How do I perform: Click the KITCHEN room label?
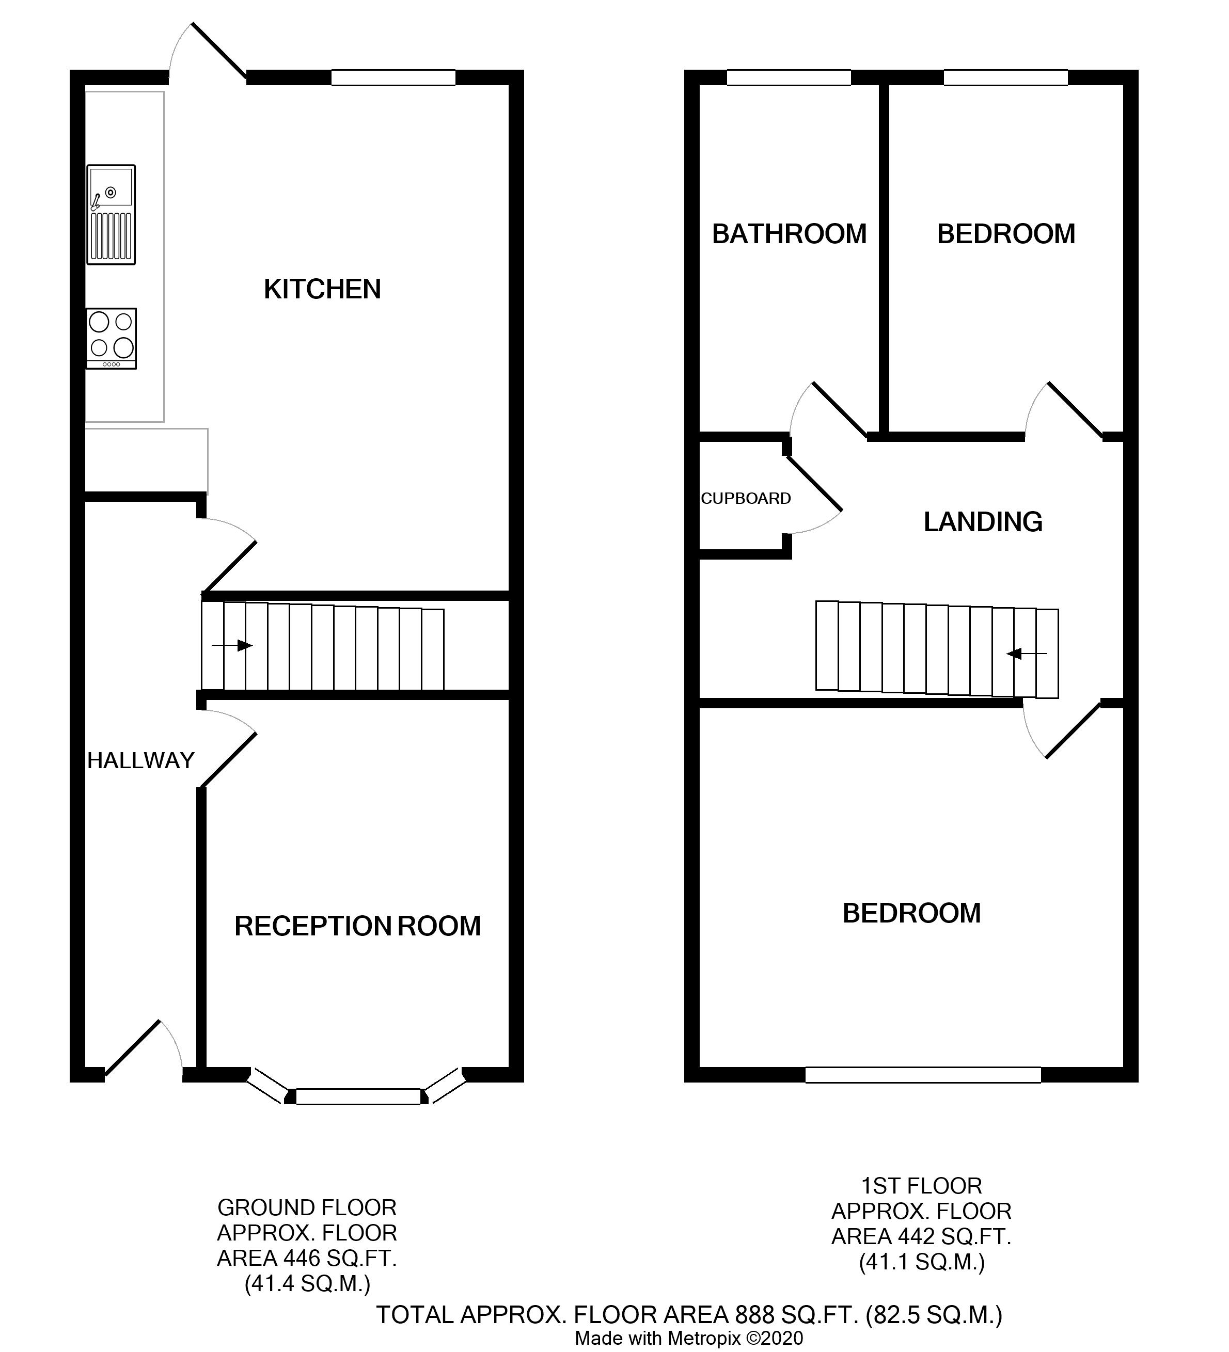322,289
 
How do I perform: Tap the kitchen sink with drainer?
111,215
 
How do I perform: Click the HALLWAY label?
141,760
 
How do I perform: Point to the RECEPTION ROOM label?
357,926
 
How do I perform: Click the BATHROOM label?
789,234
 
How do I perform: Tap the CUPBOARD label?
746,498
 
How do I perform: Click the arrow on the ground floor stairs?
232,646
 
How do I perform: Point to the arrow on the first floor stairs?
1027,653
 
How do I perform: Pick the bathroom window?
789,78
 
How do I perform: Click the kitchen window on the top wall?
393,78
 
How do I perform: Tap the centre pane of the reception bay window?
358,1096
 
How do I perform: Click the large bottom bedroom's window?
923,1075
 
